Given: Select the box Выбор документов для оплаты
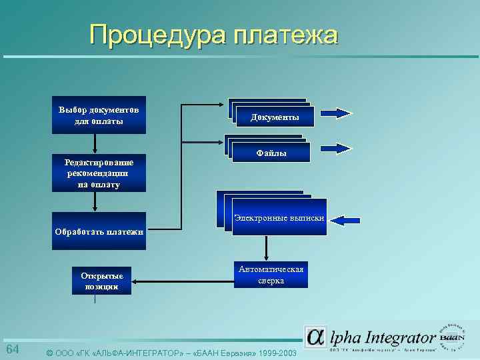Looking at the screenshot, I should (x=99, y=115).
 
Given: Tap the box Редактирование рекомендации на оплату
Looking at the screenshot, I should (x=99, y=173).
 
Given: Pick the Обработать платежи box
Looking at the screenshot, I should (x=99, y=231).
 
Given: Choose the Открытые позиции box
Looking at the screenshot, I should (x=102, y=281).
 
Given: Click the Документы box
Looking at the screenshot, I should (x=275, y=117).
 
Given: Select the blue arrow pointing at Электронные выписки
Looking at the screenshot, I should (x=347, y=219).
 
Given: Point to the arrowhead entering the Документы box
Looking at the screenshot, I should (x=223, y=105).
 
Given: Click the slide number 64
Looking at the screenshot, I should (x=13, y=351).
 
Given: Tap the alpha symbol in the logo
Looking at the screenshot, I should (x=315, y=337).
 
